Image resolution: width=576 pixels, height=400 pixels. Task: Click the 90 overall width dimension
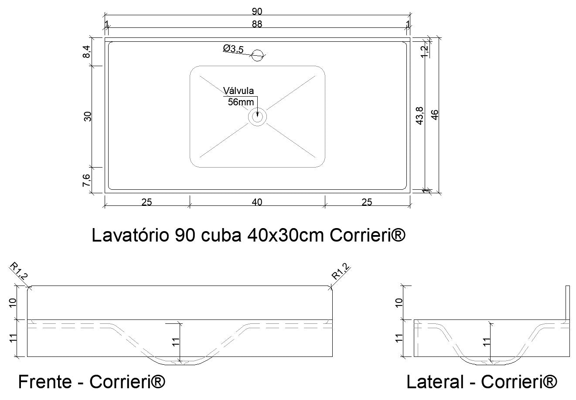[x=257, y=11]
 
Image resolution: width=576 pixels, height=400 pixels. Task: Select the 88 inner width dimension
[x=257, y=24]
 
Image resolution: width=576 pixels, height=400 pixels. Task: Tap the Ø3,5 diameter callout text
[x=233, y=48]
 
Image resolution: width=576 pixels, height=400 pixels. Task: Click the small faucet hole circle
[x=258, y=54]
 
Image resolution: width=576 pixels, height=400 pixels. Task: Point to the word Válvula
[x=238, y=91]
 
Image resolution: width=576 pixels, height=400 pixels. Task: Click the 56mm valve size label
[x=241, y=102]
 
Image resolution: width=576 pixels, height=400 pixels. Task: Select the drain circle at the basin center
[x=257, y=117]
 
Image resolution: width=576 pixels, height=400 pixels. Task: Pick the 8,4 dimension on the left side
[x=87, y=52]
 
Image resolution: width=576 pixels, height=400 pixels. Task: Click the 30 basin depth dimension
[x=88, y=117]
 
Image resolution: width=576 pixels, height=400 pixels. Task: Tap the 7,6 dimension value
[x=87, y=180]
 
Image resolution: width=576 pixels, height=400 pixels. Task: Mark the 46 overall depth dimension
[x=435, y=115]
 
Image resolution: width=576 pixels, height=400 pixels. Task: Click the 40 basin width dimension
[x=257, y=202]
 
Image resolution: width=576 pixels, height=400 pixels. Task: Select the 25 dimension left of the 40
[x=147, y=202]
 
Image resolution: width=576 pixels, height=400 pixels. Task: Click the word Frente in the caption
[x=45, y=382]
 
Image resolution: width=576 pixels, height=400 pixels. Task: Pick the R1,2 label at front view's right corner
[x=341, y=272]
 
